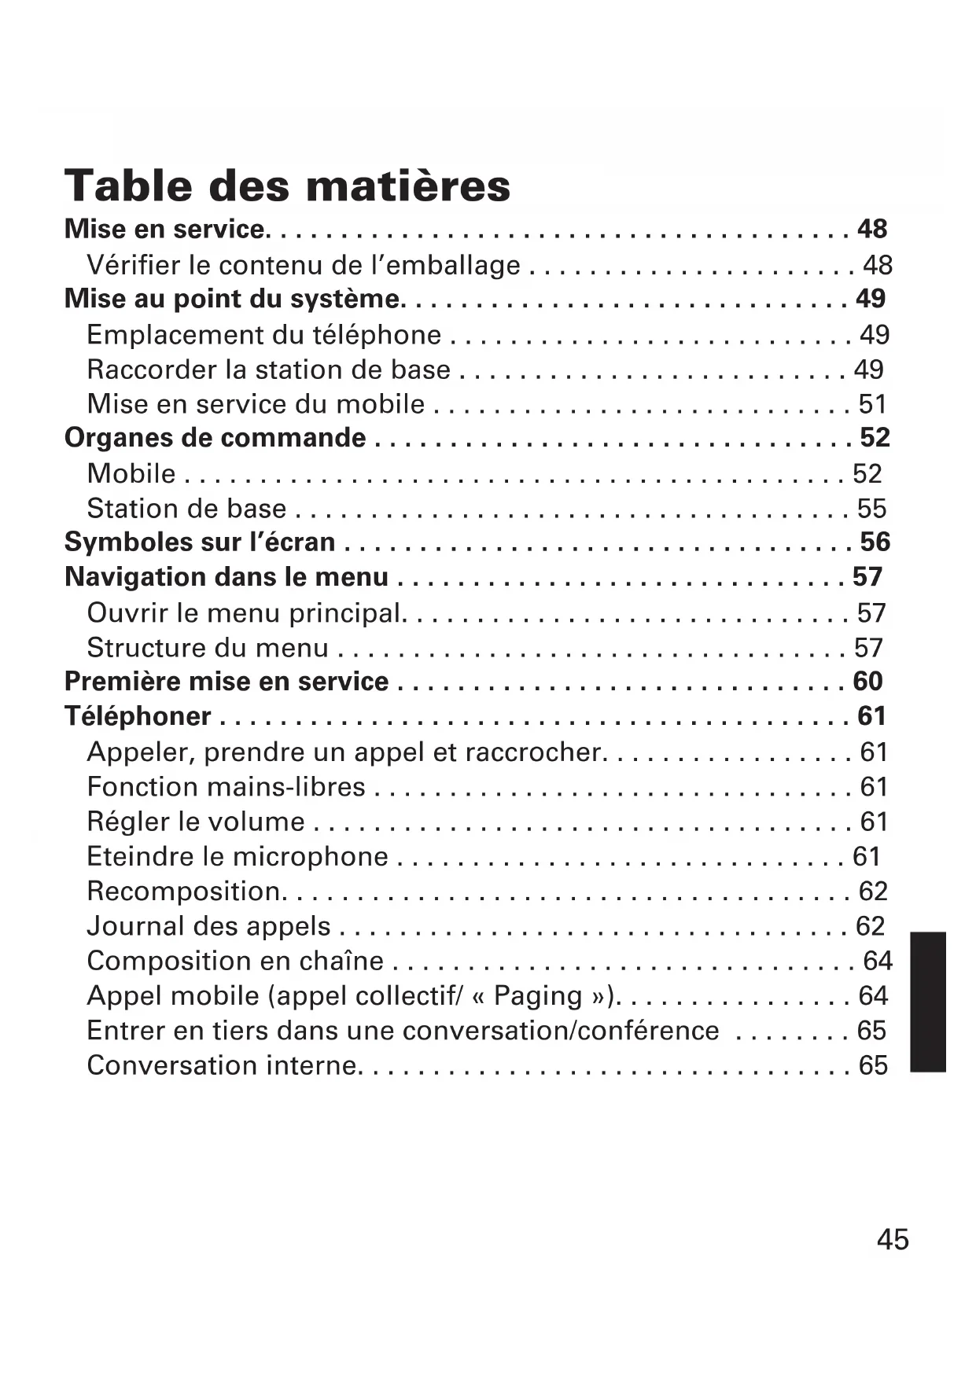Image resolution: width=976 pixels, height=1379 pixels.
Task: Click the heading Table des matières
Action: point(287,186)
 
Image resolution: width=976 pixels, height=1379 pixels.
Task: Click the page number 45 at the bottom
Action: point(892,1239)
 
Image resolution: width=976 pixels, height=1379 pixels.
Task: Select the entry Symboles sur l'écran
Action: point(200,542)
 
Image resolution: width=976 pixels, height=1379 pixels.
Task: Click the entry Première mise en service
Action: point(227,681)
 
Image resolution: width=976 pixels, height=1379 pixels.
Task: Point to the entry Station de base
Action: point(186,508)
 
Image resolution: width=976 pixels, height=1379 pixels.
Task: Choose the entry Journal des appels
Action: point(208,925)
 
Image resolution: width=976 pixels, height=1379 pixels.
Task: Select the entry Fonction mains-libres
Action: point(226,786)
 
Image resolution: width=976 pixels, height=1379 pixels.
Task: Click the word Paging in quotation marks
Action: point(538,995)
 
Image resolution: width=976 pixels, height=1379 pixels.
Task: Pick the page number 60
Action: point(867,681)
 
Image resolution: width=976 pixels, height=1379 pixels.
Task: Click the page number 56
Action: point(875,542)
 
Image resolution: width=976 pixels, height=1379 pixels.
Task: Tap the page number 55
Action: point(871,508)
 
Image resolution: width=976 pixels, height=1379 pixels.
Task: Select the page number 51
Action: point(872,403)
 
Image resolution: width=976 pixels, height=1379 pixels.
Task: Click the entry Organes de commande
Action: point(215,437)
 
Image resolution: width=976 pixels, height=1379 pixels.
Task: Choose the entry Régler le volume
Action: point(196,821)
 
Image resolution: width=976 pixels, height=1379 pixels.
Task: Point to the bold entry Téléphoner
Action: point(138,715)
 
